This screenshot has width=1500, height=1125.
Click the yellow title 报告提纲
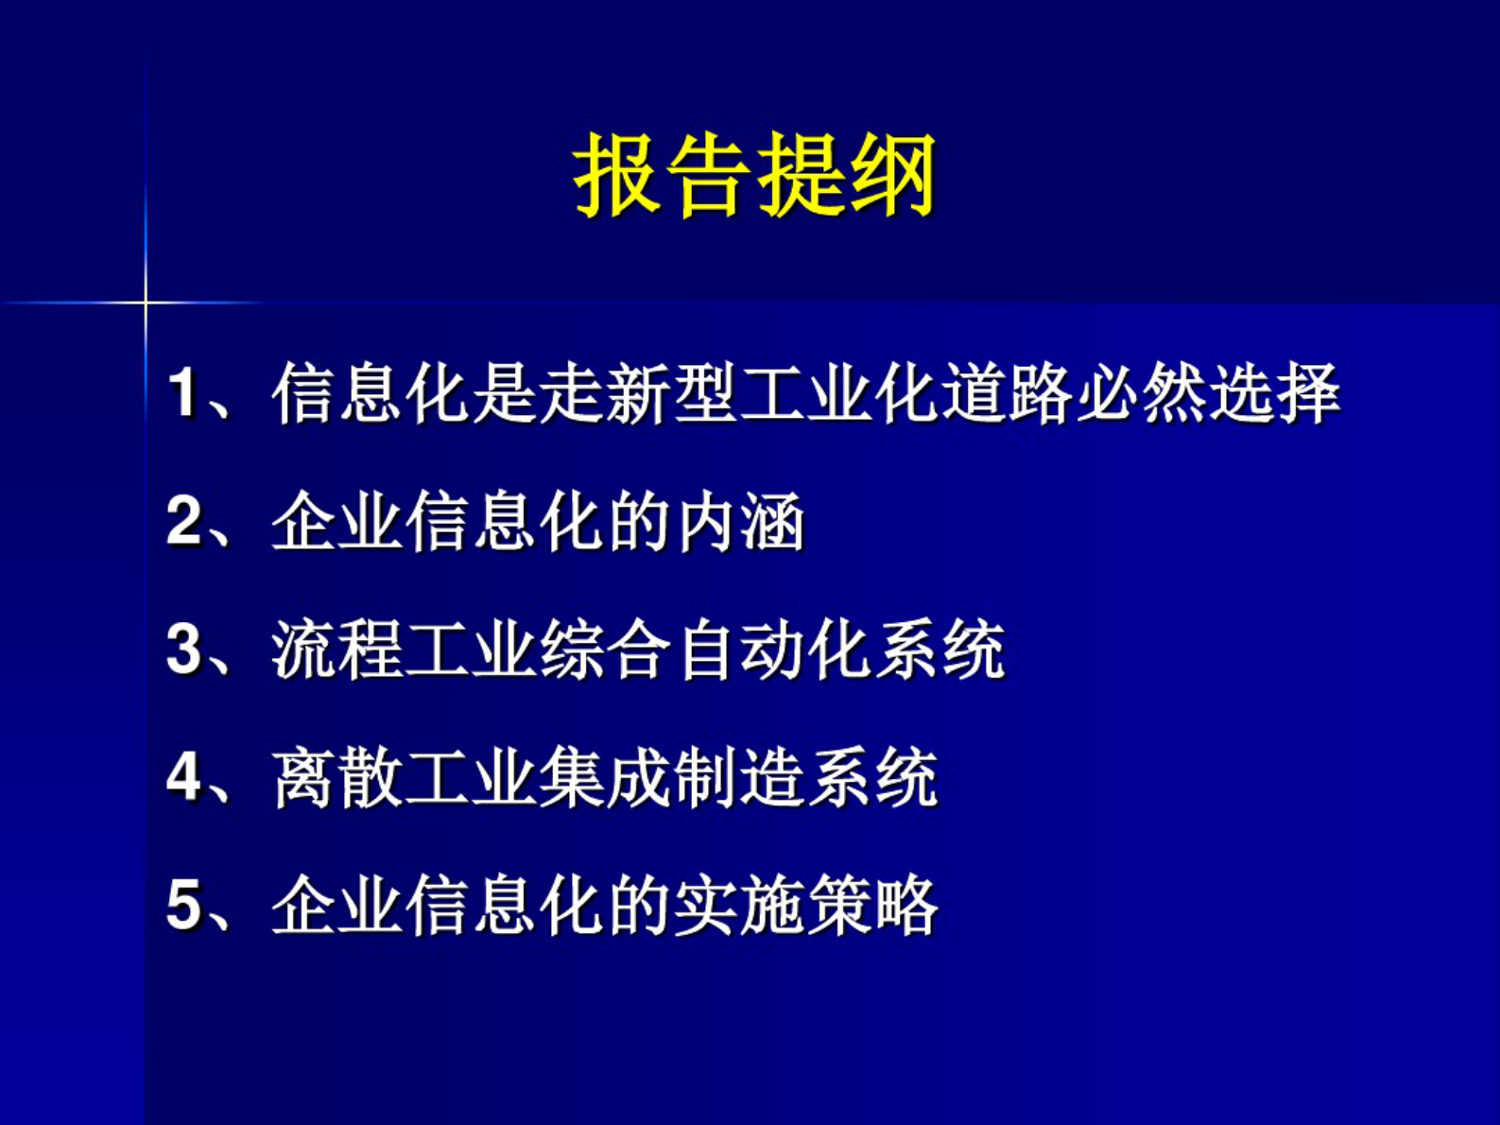coord(753,175)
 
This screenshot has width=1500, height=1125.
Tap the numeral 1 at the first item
coord(182,392)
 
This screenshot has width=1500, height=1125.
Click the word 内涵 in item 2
coord(739,521)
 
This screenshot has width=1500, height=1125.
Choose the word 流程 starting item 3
coord(337,649)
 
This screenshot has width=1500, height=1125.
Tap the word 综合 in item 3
coord(605,649)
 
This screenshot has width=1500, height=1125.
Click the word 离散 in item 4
coord(337,778)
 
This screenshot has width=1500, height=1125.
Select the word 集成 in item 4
coord(605,778)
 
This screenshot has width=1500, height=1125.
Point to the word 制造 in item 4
coord(739,778)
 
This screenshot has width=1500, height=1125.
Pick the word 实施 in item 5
coord(739,906)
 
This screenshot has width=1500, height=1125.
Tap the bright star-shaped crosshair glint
coord(146,303)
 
